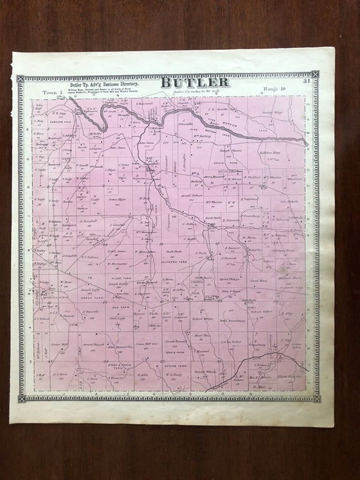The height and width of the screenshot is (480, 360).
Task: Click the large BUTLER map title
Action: click(x=195, y=83)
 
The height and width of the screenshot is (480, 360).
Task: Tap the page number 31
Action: click(x=306, y=81)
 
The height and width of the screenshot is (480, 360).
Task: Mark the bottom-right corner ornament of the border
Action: click(x=315, y=399)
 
